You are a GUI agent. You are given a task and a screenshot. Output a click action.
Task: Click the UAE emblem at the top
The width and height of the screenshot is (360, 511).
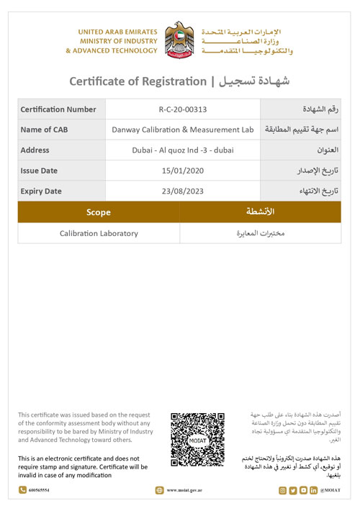point(180,41)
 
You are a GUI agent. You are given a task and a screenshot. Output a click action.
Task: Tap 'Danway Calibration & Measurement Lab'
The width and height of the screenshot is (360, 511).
point(182,130)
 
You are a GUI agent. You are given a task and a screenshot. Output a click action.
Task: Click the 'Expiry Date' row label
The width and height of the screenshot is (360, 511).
point(41,191)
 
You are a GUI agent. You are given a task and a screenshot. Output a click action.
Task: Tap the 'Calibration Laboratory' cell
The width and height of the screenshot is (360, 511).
point(99,233)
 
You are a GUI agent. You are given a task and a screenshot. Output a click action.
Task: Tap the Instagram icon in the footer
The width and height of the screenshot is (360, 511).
point(282,491)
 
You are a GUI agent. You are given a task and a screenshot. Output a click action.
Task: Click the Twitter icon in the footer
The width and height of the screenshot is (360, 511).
point(292,491)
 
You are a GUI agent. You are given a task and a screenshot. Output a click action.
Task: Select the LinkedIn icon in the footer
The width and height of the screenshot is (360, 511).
point(313,491)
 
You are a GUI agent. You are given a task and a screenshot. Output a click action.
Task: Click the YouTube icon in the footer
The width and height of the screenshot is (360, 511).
point(303,491)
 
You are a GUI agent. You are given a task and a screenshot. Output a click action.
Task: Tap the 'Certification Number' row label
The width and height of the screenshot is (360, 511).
point(58,109)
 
